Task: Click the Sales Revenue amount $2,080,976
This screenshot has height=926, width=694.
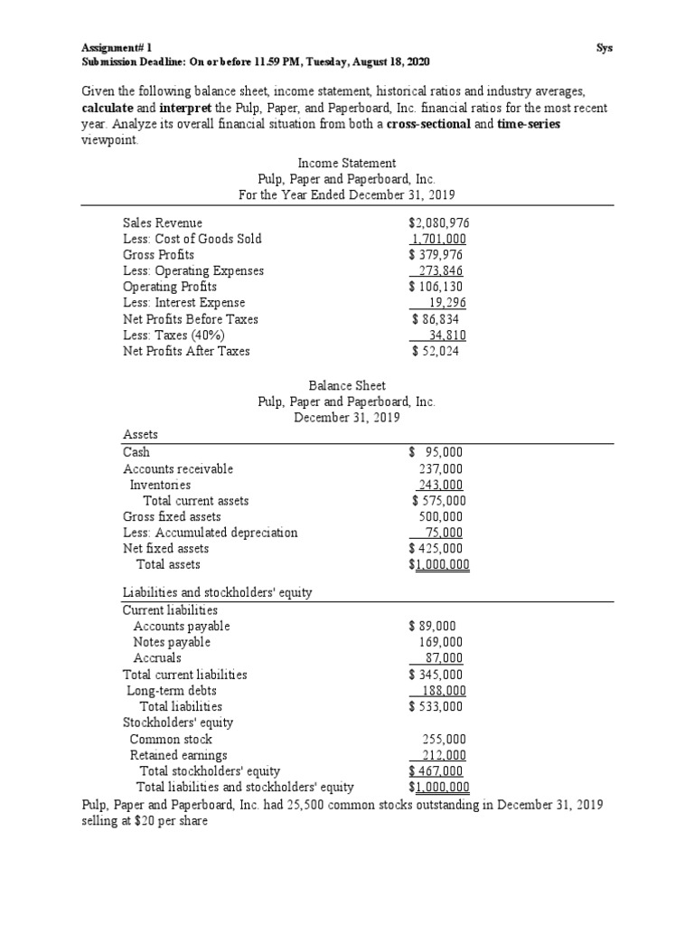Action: tap(438, 222)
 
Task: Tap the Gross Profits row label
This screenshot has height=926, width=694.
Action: tap(158, 255)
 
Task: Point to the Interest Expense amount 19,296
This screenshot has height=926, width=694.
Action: tap(446, 303)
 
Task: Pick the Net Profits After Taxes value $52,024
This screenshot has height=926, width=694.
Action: tap(435, 351)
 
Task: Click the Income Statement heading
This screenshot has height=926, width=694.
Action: tap(347, 163)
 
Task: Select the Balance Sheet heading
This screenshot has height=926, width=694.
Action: tap(347, 385)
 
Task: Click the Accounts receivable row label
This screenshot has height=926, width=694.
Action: tap(178, 468)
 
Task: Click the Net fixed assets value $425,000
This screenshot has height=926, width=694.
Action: tap(436, 548)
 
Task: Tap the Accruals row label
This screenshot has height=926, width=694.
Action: tap(157, 658)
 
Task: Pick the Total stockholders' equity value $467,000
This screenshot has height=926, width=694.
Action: tap(436, 771)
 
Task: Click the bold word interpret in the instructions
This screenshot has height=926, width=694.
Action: tap(164, 108)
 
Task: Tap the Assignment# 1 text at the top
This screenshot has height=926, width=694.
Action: tap(114, 47)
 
